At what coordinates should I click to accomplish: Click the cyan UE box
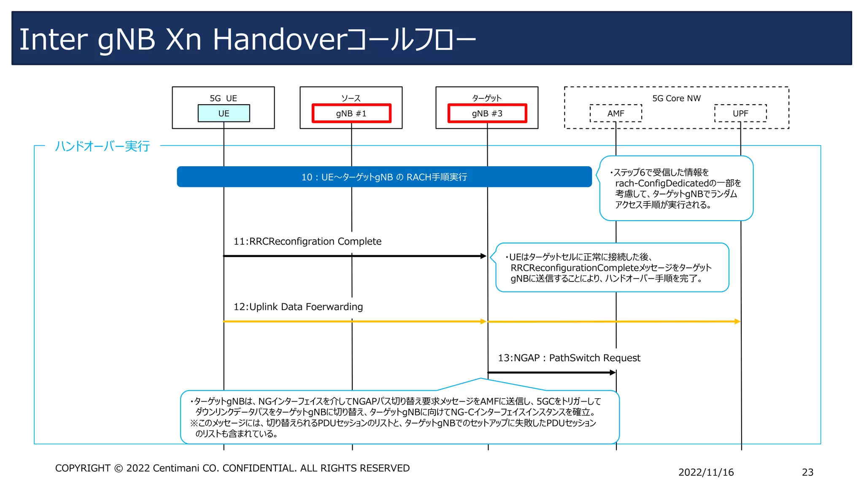click(224, 113)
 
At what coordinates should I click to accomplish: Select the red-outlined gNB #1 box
click(351, 113)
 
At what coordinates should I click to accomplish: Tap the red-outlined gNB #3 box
click(487, 113)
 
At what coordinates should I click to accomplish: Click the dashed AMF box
click(616, 113)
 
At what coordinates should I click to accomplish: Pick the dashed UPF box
click(740, 113)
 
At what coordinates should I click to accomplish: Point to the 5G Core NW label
click(676, 98)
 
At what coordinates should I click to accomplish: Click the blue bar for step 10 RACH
click(384, 177)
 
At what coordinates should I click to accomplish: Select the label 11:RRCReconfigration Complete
click(307, 241)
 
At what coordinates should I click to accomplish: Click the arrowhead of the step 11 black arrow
click(483, 256)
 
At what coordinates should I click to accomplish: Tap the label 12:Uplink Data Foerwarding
click(298, 307)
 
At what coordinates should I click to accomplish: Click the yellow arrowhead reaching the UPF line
click(737, 321)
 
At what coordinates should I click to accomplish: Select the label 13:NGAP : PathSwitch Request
click(569, 358)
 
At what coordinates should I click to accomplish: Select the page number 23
click(807, 472)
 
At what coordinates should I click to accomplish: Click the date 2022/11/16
click(706, 472)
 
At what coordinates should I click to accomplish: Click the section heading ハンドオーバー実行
click(103, 146)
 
